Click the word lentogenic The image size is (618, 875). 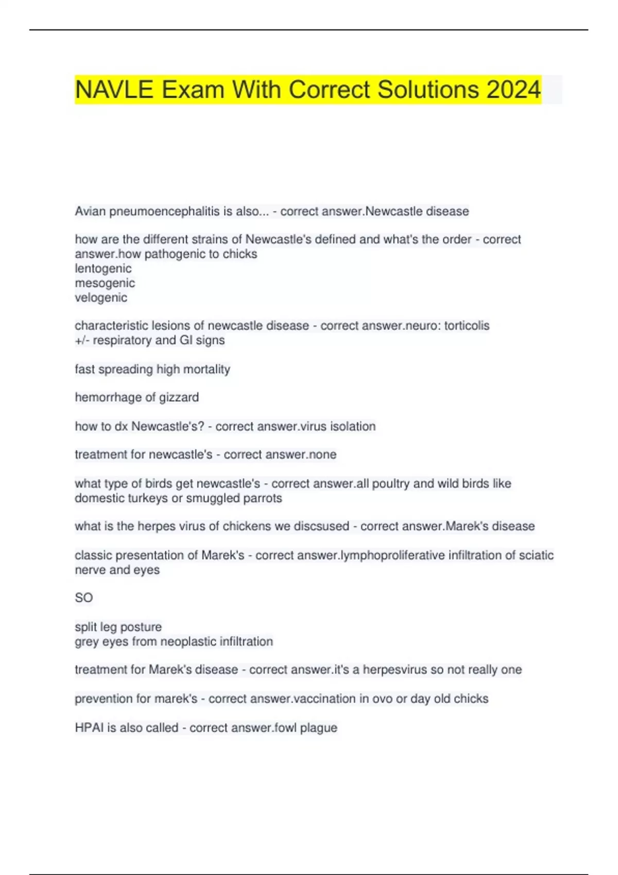(x=103, y=269)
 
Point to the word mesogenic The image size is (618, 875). (x=105, y=283)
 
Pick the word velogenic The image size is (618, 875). (x=101, y=297)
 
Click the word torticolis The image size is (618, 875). (x=467, y=326)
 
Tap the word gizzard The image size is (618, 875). (x=179, y=397)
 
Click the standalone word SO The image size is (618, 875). (x=83, y=598)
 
